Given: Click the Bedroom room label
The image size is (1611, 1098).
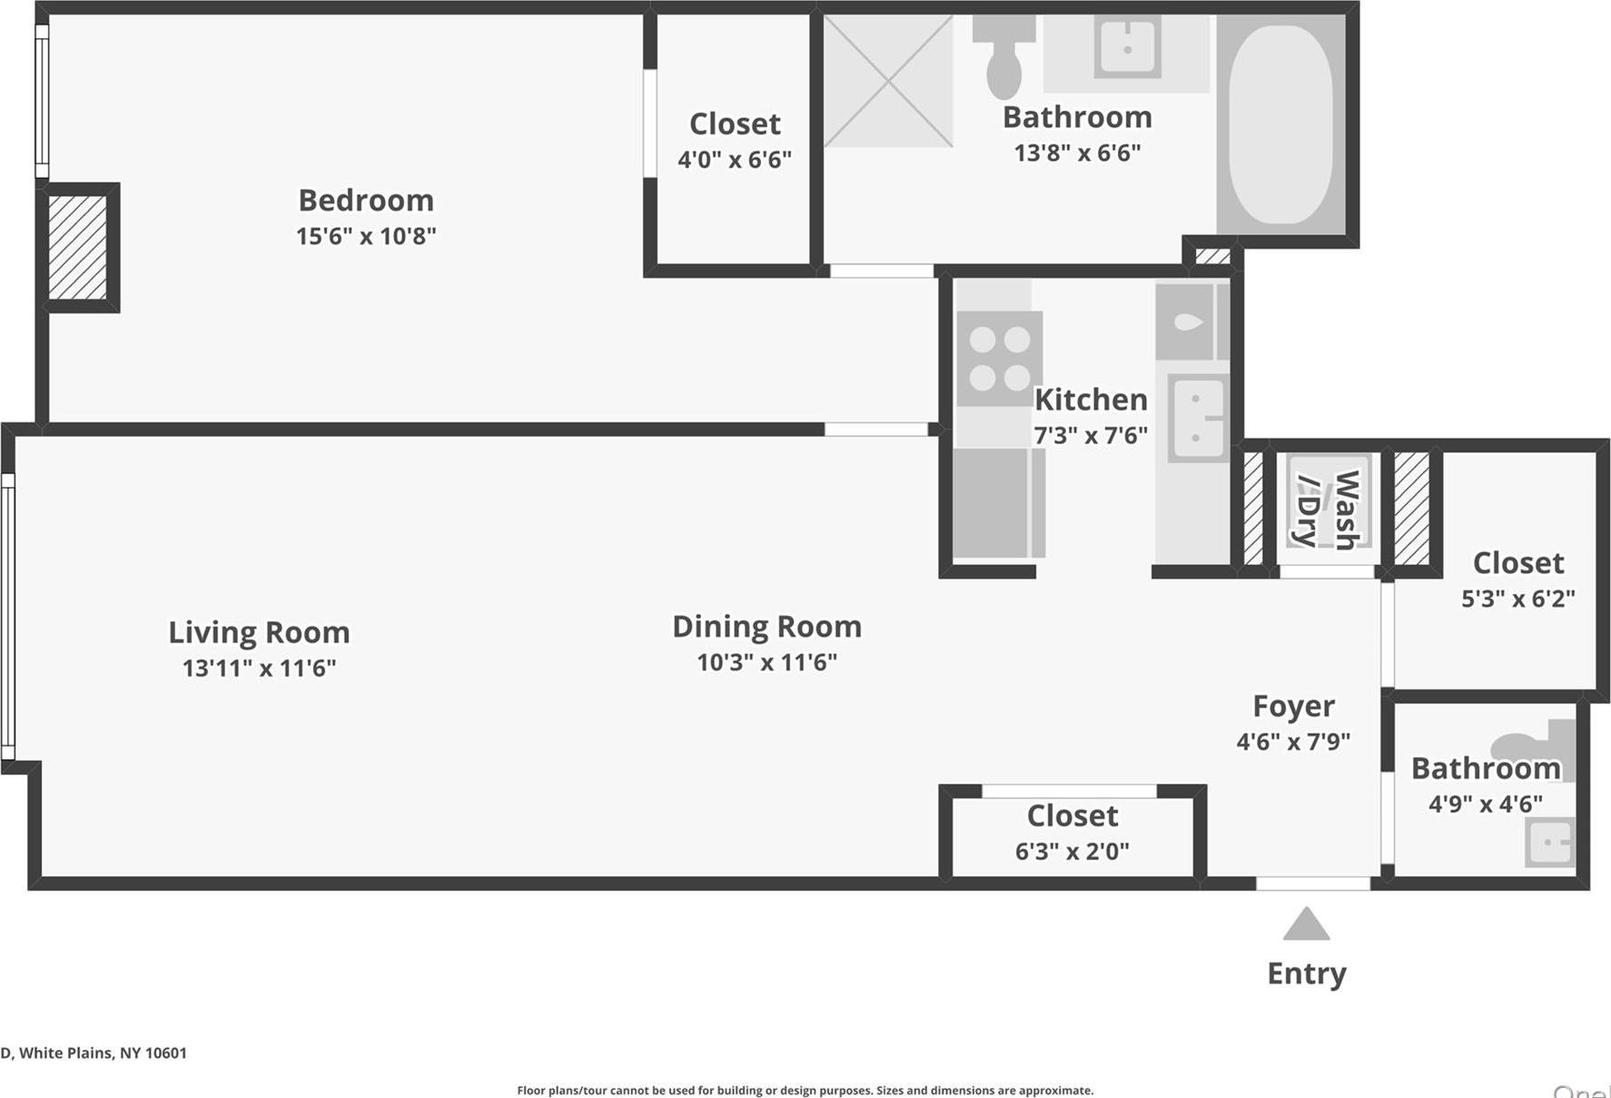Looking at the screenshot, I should [366, 200].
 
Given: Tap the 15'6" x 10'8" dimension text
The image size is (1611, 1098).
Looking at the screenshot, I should [366, 236].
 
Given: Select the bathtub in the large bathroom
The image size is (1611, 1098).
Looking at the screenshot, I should [1280, 124].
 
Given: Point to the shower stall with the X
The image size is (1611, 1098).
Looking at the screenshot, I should [888, 81].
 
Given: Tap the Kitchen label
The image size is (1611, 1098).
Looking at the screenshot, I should [1091, 400].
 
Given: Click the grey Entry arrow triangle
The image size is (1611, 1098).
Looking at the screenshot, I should [1306, 926].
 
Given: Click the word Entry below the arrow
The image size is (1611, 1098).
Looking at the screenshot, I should [1306, 974].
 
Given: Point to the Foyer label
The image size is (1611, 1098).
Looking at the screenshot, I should [1293, 706].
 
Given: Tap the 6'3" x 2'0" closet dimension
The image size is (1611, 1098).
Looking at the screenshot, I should [1072, 852].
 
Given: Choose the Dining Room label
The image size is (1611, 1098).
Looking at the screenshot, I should [766, 627].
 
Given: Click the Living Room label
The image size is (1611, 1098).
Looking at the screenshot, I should [259, 632].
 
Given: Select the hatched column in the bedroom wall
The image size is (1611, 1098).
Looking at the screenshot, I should [77, 247].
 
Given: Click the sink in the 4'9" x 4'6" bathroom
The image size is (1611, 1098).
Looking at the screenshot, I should [1549, 842].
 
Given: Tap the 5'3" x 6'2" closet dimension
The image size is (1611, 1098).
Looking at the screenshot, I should [1517, 598].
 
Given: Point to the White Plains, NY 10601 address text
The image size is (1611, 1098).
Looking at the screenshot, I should [94, 1053].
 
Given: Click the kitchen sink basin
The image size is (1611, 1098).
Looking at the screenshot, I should [1197, 419].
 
